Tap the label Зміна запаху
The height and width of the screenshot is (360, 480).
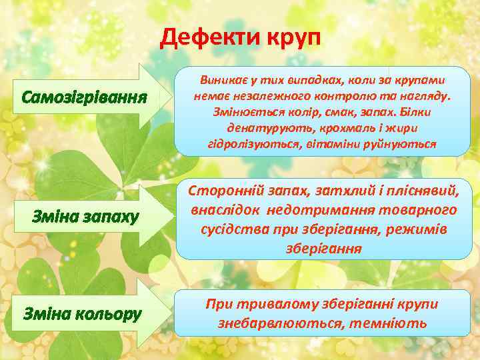coord(86,217)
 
